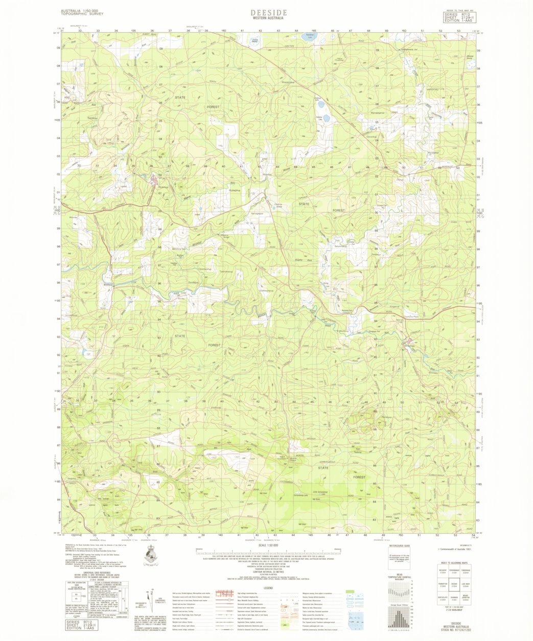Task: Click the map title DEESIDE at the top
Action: [x=269, y=12]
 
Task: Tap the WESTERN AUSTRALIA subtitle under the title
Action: [x=269, y=18]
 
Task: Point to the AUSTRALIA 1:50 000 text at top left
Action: [x=82, y=11]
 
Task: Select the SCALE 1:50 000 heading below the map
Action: [x=268, y=545]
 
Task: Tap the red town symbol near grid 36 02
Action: [x=153, y=179]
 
